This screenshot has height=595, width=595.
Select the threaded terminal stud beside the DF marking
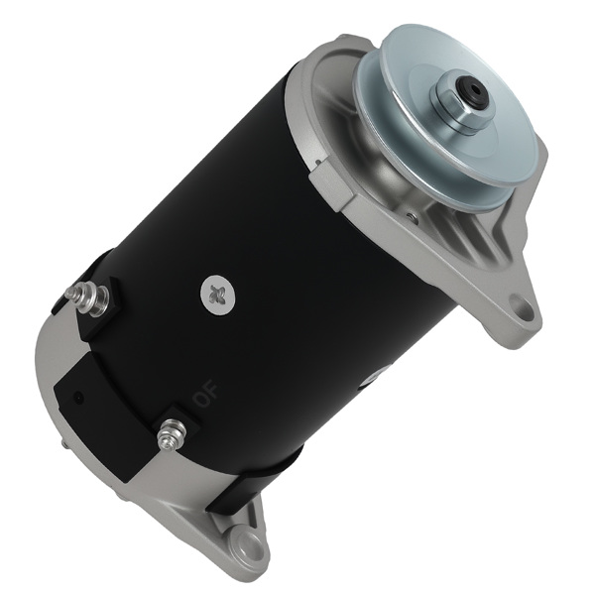click(172, 433)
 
